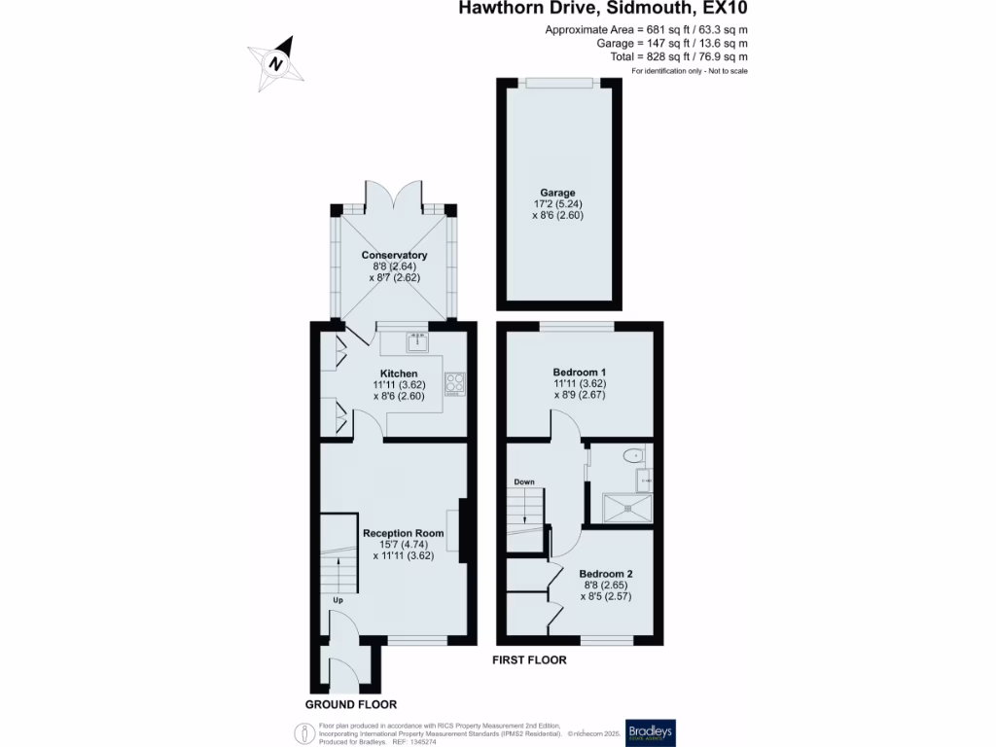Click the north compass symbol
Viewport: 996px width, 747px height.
coord(277,62)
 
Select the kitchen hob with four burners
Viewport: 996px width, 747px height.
coord(455,383)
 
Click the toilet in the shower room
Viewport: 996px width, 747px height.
coord(634,453)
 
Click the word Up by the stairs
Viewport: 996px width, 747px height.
coord(338,600)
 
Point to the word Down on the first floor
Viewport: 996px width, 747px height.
coord(523,481)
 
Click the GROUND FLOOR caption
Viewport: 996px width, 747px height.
coord(350,704)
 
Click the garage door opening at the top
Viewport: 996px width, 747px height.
coord(557,82)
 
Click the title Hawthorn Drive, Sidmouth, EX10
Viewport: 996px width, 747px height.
coord(602,10)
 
